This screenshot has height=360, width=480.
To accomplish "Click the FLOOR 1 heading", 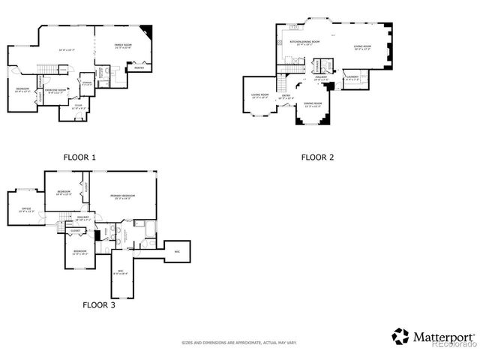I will coord(79,157).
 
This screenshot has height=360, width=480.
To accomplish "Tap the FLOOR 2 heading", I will coord(317,157).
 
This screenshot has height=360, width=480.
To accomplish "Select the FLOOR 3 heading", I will coord(98,305).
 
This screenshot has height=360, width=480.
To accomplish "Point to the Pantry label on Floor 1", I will coord(139,69).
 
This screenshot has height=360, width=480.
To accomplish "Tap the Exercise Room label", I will coord(56,91).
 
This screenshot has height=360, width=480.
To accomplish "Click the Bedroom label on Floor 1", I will coord(22,91).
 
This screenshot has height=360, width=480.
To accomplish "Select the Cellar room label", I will coord(78,107).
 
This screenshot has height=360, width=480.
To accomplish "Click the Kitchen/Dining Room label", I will coord(304,43).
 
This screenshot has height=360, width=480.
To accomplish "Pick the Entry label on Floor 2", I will coord(286,97).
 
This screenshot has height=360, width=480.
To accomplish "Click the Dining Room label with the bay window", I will coord(313,104).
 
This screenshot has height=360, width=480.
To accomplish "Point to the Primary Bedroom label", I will coord(123,196).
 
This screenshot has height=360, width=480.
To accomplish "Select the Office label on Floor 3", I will coord(25,209).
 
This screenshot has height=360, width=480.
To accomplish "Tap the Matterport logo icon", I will coord(400,337).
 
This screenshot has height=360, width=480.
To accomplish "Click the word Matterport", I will coord(443,337).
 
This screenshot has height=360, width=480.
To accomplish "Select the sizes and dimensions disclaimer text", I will coord(239,343).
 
